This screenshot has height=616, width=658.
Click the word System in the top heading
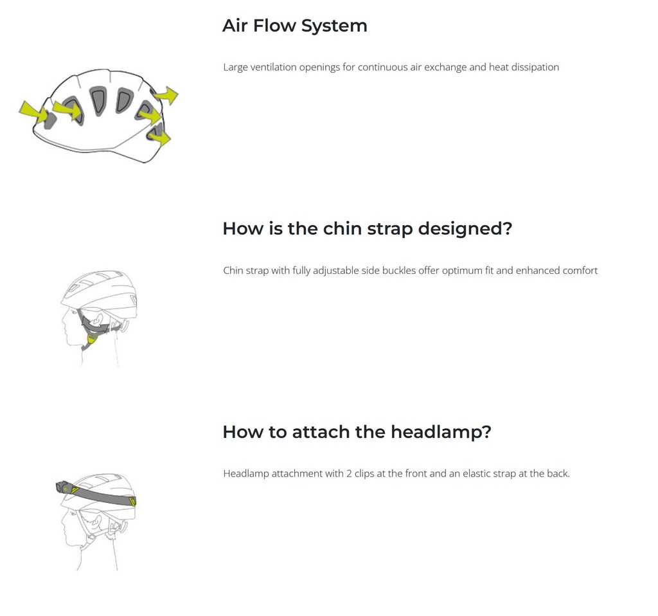click(x=334, y=26)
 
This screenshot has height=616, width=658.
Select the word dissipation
click(x=535, y=68)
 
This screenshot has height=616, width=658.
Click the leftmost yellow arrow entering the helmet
click(x=33, y=112)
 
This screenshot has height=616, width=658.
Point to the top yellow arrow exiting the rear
click(x=166, y=95)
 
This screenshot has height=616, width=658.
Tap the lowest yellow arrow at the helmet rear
click(x=160, y=135)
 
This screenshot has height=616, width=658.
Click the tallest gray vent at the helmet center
click(x=98, y=101)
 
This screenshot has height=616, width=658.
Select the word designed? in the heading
click(x=465, y=230)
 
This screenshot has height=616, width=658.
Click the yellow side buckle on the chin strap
click(x=92, y=338)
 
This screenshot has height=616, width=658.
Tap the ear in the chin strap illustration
click(x=98, y=319)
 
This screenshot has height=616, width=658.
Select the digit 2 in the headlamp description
click(x=349, y=474)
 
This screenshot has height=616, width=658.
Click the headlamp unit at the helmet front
click(x=62, y=487)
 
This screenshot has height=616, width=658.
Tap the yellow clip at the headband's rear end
click(x=132, y=501)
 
